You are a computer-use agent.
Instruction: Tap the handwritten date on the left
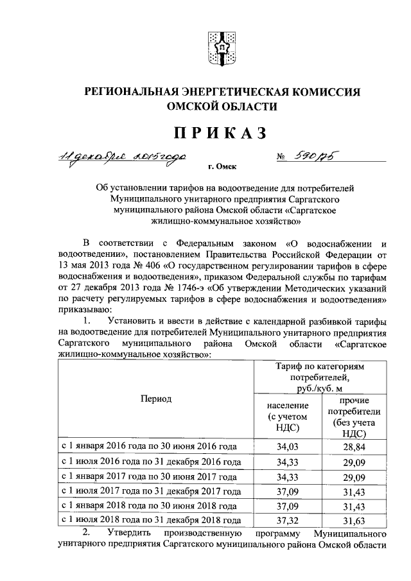(x=128, y=157)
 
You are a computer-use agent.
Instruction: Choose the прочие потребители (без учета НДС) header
(x=354, y=417)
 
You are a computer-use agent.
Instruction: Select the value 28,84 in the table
(x=354, y=446)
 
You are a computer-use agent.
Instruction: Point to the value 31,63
(x=354, y=521)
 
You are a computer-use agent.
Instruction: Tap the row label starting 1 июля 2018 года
(x=151, y=521)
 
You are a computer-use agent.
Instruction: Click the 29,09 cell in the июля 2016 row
(x=354, y=462)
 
